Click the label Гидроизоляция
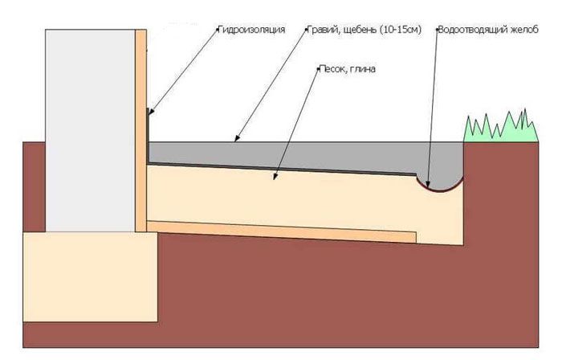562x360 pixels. pos(251,30)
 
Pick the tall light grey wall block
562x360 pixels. pos(90,130)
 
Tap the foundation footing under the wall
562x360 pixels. pos(90,276)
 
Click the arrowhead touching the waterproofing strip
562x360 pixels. pos(151,112)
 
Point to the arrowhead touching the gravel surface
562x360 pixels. pos(237,138)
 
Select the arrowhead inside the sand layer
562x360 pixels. pos(275,176)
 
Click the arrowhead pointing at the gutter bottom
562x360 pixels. pos(428,185)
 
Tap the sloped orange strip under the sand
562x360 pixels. pos(282,232)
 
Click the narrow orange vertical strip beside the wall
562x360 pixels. pos(140,130)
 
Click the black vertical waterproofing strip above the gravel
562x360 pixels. pos(147,137)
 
